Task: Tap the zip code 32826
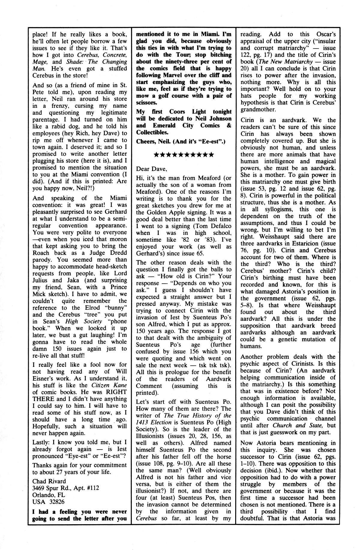pos(56,501)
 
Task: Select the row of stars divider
pos(183,155)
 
